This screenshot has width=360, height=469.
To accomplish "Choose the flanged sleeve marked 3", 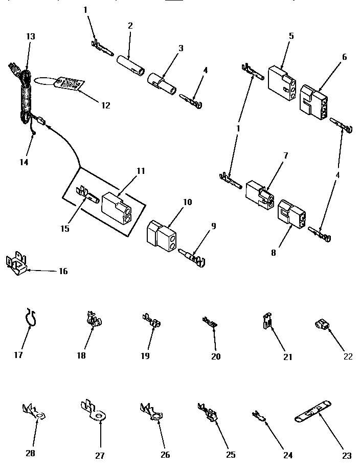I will (160, 82).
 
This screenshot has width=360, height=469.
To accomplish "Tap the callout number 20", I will (216, 356).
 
